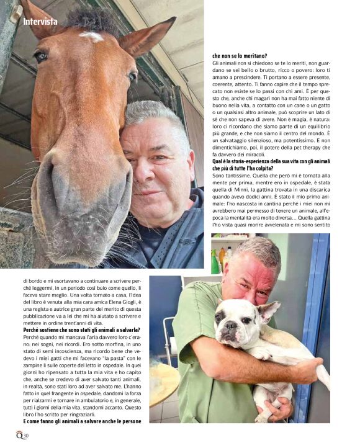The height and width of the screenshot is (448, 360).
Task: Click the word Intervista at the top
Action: click(40, 22)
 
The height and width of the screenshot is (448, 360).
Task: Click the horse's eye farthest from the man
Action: click(41, 56)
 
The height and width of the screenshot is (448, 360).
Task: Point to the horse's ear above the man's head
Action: click(146, 37)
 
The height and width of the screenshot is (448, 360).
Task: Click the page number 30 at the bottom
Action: click(26, 434)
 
